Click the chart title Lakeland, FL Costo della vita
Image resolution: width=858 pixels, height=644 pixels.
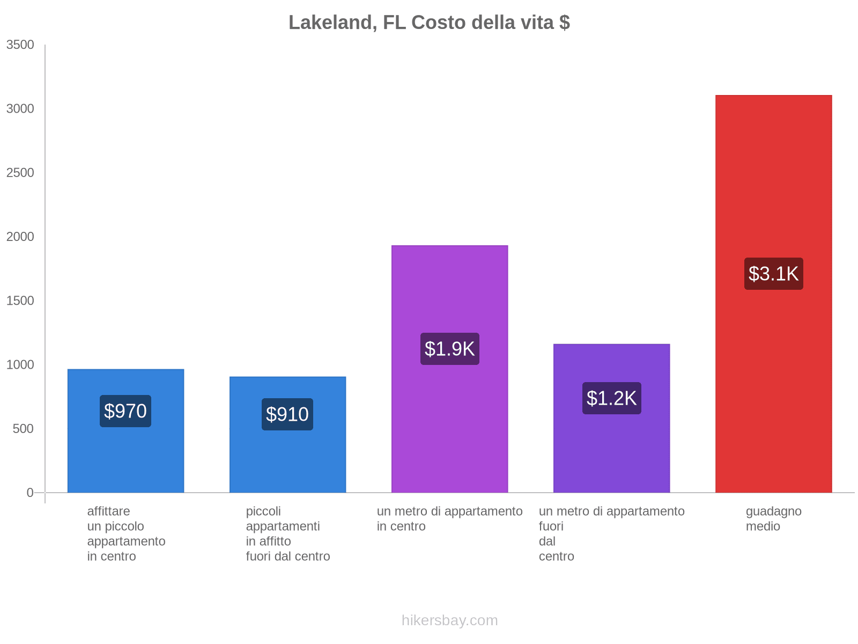(x=429, y=23)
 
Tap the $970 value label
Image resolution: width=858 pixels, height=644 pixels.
(x=125, y=411)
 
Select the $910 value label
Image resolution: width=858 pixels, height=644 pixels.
(x=287, y=414)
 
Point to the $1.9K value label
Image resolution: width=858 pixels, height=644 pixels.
(x=449, y=349)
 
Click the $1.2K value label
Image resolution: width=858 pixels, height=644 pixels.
(x=611, y=398)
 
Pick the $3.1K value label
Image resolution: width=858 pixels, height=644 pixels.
(x=773, y=274)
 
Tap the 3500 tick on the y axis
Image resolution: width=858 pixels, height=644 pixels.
(x=20, y=45)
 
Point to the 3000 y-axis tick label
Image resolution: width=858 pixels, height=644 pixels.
(x=20, y=109)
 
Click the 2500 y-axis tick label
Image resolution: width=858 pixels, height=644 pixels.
(x=20, y=173)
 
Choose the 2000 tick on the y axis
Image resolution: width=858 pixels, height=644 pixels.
(x=20, y=237)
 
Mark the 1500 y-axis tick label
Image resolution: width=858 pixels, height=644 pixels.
(x=20, y=301)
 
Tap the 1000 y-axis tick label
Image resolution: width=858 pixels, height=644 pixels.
(x=20, y=365)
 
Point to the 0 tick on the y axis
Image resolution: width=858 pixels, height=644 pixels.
(x=30, y=493)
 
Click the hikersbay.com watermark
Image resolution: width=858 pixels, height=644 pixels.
(x=449, y=620)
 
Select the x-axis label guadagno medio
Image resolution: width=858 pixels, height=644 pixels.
(x=773, y=518)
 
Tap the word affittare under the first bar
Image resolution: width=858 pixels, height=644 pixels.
(x=108, y=511)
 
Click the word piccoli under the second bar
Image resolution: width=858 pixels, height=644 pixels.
(x=263, y=511)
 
